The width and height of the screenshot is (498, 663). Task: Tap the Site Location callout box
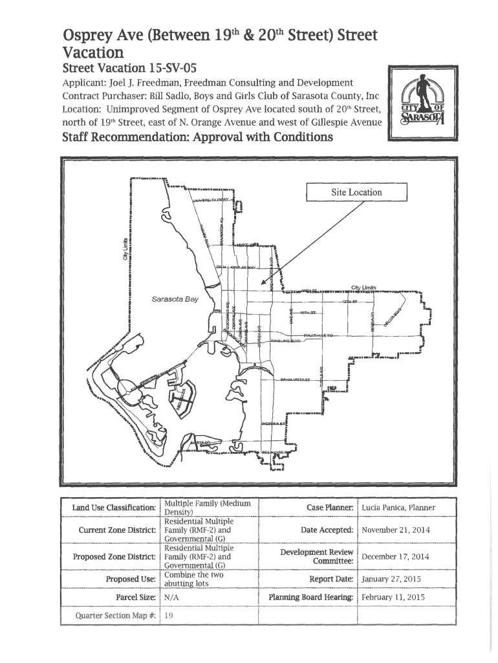[356, 193]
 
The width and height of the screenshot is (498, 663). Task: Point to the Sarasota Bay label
[175, 300]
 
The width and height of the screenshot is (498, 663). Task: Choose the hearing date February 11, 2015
[393, 598]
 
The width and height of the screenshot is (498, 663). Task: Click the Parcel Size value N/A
[172, 598]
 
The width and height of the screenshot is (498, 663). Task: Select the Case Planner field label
[330, 508]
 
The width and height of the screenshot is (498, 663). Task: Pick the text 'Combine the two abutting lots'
[194, 578]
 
